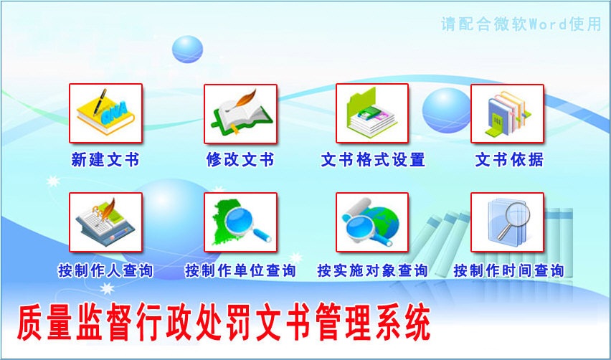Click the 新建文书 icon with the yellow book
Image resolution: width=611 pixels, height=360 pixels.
pyautogui.click(x=105, y=113)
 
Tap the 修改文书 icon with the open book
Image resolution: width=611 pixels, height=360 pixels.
pyautogui.click(x=240, y=114)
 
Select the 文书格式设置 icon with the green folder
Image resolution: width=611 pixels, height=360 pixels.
pyautogui.click(x=372, y=113)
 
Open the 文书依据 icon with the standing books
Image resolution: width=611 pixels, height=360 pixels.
pyautogui.click(x=507, y=114)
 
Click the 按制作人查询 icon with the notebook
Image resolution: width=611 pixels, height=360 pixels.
pyautogui.click(x=105, y=222)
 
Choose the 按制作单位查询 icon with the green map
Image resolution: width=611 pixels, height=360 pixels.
pyautogui.click(x=240, y=222)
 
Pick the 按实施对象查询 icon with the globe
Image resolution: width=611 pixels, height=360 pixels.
pyautogui.click(x=372, y=222)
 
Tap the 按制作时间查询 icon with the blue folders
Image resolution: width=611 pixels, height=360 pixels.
pyautogui.click(x=507, y=222)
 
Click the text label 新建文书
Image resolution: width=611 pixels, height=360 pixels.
pyautogui.click(x=105, y=160)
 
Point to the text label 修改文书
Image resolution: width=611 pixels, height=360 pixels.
pyautogui.click(x=240, y=160)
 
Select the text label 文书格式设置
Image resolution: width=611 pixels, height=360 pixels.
pyautogui.click(x=373, y=160)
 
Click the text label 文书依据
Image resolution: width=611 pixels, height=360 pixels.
pyautogui.click(x=509, y=160)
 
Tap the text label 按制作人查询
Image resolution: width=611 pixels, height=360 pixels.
pyautogui.click(x=105, y=270)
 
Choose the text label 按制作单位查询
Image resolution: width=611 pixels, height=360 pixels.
pyautogui.click(x=240, y=270)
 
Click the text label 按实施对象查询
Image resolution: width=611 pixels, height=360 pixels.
pyautogui.click(x=372, y=270)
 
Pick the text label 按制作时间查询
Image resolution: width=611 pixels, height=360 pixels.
pyautogui.click(x=508, y=270)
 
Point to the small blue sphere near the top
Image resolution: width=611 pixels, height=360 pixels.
pyautogui.click(x=187, y=49)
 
